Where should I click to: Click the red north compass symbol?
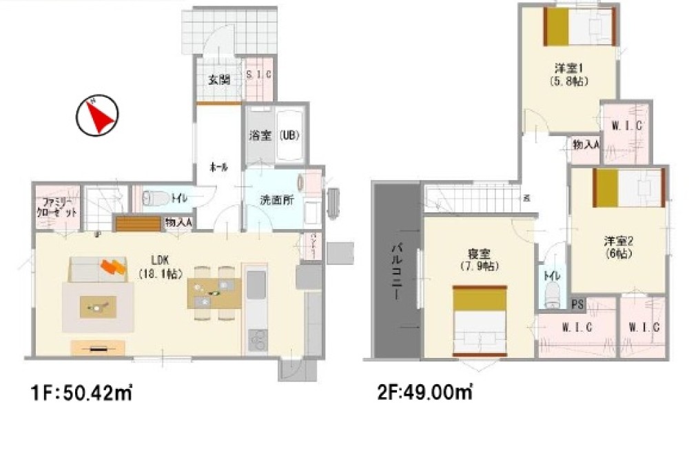tap(97, 116)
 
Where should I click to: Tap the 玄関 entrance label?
tap(218, 78)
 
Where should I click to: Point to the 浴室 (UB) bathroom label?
tap(274, 135)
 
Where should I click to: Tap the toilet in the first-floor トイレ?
tap(155, 199)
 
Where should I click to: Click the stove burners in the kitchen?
tap(257, 339)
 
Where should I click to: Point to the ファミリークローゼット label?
tap(58, 207)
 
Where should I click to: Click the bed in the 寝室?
tap(479, 321)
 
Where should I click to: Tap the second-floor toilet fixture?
tap(551, 297)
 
